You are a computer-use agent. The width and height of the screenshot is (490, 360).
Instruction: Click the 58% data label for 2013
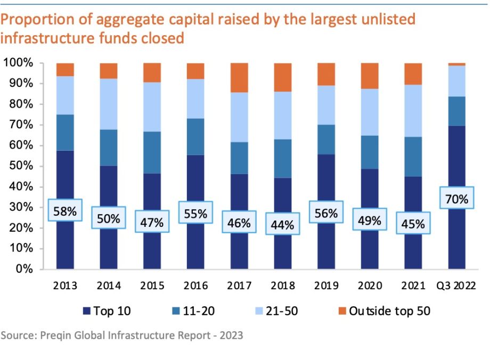[65, 211]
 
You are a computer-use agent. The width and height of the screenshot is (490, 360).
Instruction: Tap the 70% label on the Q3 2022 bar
[457, 200]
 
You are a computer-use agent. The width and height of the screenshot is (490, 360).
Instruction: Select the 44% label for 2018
[282, 225]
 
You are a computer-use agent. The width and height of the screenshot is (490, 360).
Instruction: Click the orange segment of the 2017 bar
[239, 78]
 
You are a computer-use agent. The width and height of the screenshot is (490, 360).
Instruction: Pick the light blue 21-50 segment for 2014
[109, 104]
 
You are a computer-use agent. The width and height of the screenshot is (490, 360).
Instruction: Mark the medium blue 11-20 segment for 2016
[195, 136]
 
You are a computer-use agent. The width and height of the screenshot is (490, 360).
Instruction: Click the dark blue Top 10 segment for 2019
[326, 181]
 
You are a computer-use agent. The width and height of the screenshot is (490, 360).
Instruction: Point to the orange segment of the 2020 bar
[370, 76]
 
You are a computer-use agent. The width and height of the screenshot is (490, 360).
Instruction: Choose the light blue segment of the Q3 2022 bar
[457, 81]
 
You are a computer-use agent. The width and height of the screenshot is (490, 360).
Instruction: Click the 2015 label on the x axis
[152, 285]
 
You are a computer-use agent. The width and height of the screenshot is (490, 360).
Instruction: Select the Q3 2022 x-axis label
[456, 285]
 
